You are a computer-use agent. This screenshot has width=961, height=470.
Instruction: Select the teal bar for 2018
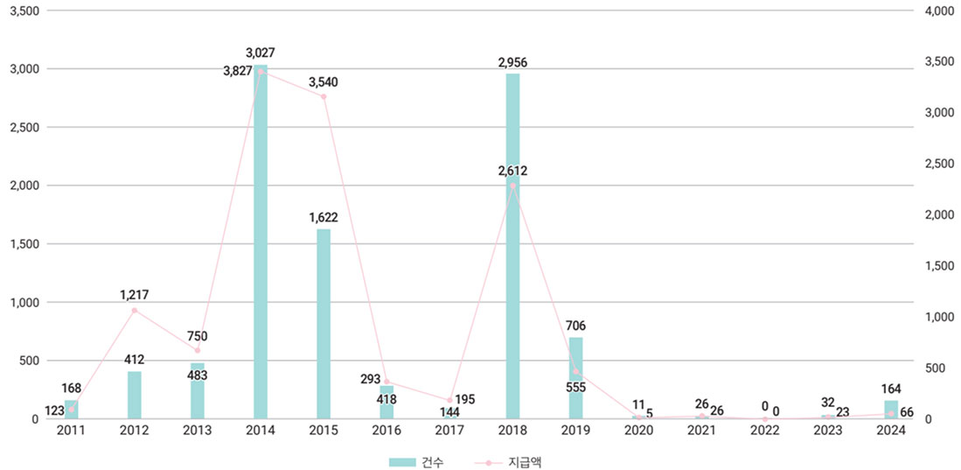[512, 246]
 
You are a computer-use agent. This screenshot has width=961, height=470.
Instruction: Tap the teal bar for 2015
[324, 324]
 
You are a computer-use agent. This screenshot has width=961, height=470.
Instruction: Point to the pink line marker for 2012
[135, 310]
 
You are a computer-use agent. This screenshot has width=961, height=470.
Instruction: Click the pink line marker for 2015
[324, 96]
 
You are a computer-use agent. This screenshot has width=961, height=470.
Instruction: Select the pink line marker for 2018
[512, 186]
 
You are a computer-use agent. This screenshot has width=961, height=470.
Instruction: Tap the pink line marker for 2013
[198, 350]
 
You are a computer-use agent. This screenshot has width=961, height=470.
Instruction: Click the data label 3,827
[237, 71]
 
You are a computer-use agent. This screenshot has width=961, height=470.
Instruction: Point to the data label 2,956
[512, 62]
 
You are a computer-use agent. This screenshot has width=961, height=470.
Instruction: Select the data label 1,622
[324, 218]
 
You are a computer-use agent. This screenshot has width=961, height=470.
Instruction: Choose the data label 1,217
[135, 295]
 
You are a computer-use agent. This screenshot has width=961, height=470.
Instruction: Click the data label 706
[575, 326]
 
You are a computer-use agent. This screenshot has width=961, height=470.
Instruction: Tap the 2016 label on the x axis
[386, 431]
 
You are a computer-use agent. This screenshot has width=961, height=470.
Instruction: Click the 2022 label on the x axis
[764, 431]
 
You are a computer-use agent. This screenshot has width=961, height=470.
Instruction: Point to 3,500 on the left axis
[24, 11]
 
